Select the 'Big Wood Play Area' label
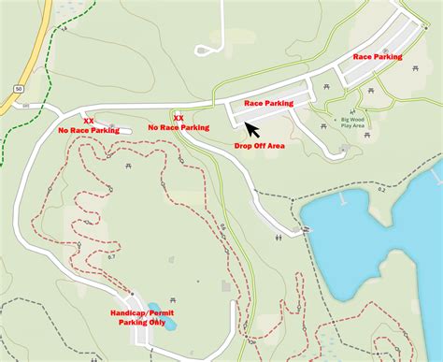353,123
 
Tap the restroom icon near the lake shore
279,238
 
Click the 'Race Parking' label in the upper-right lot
377,57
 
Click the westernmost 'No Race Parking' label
88,131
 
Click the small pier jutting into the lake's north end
346,197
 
